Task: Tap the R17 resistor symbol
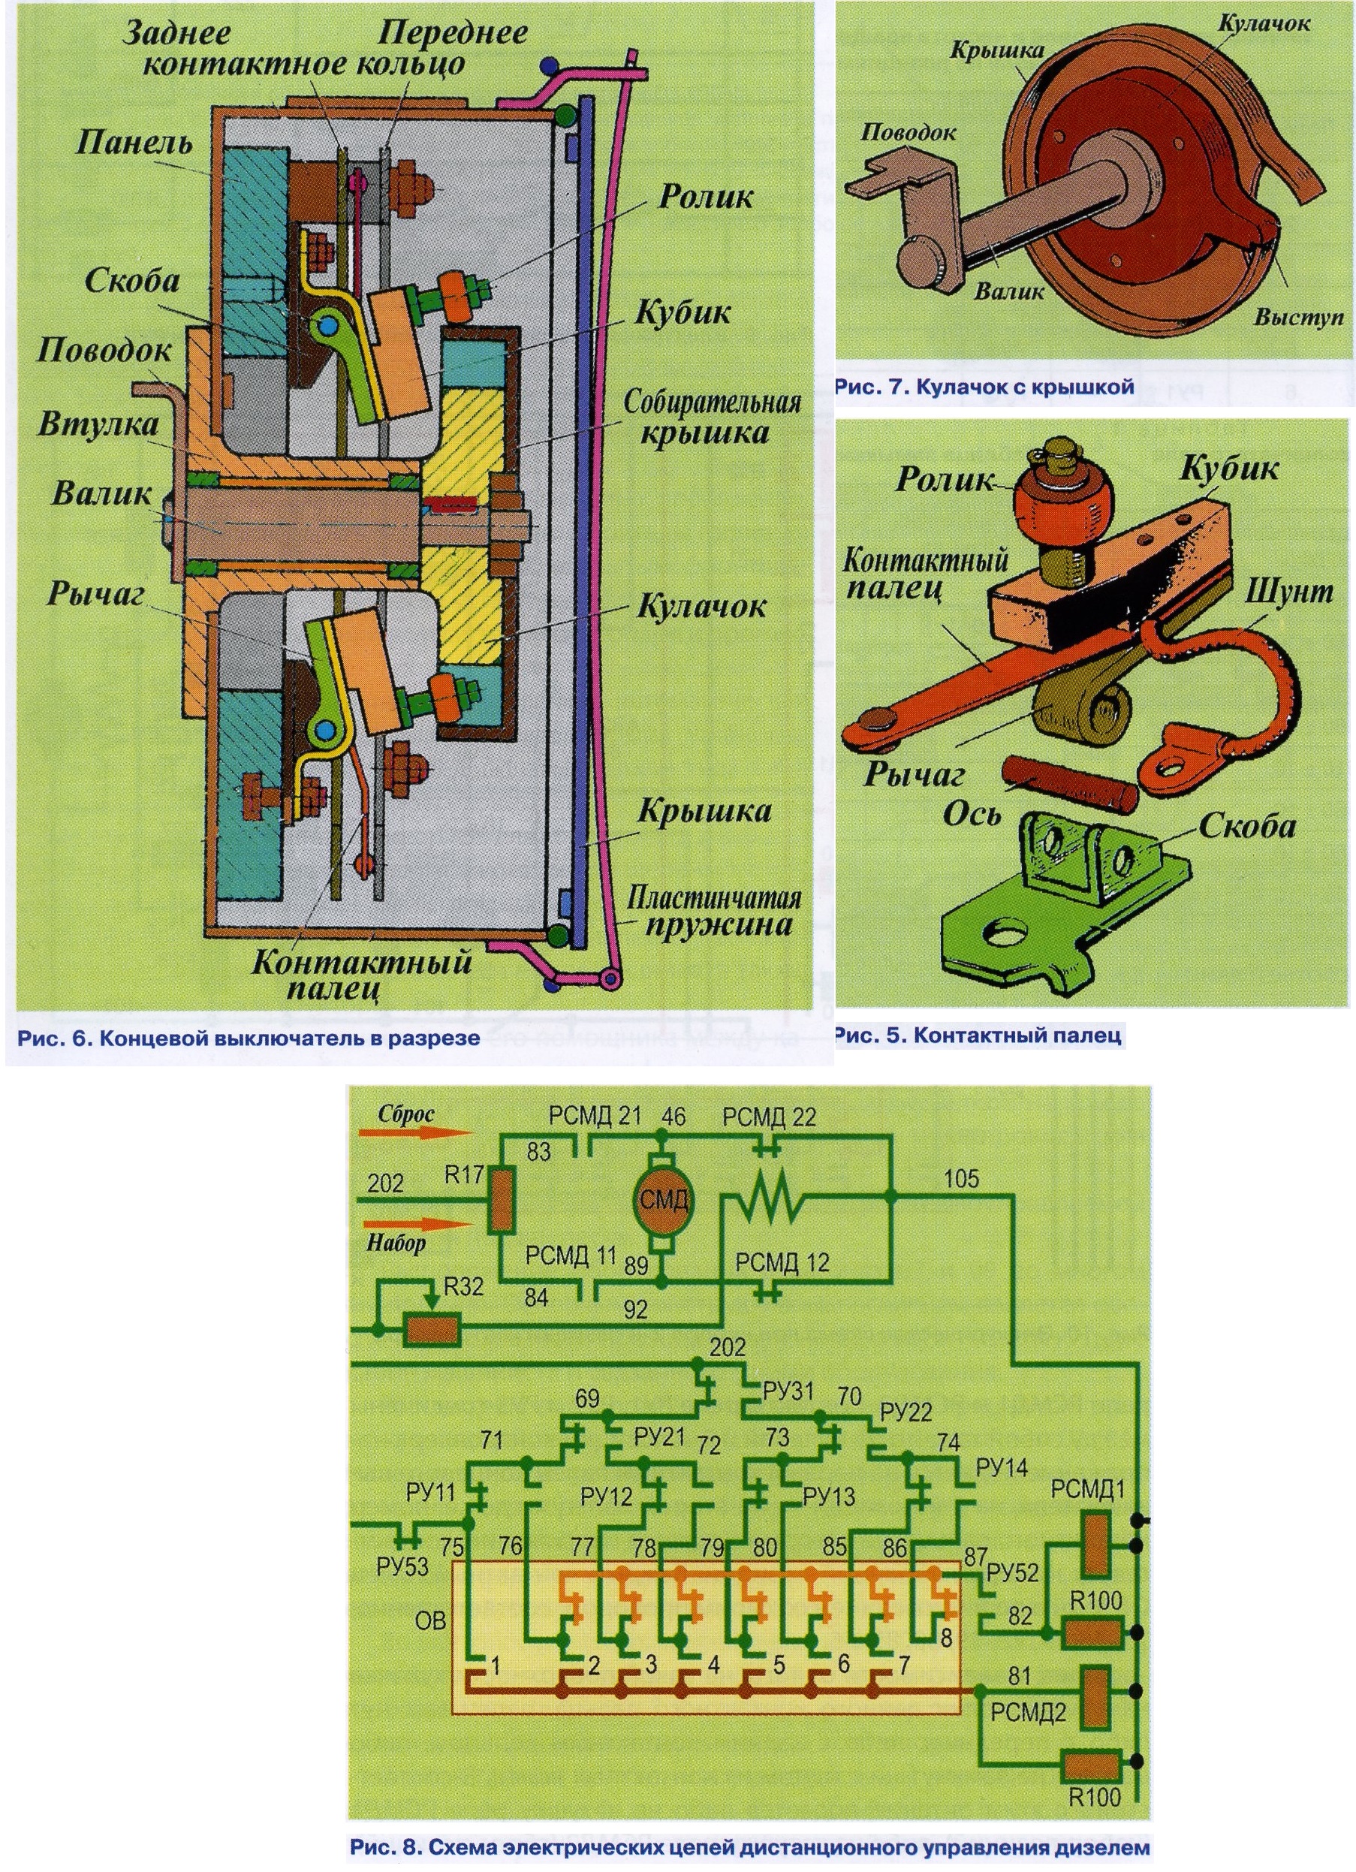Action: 501,1200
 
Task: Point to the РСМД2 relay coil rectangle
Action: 1096,1696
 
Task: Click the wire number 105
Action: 960,1178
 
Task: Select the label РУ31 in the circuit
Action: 788,1391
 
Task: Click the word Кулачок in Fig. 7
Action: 1263,23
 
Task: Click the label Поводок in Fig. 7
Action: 908,132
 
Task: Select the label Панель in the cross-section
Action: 134,143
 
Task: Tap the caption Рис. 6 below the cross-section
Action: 249,1038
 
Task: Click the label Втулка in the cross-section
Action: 98,426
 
